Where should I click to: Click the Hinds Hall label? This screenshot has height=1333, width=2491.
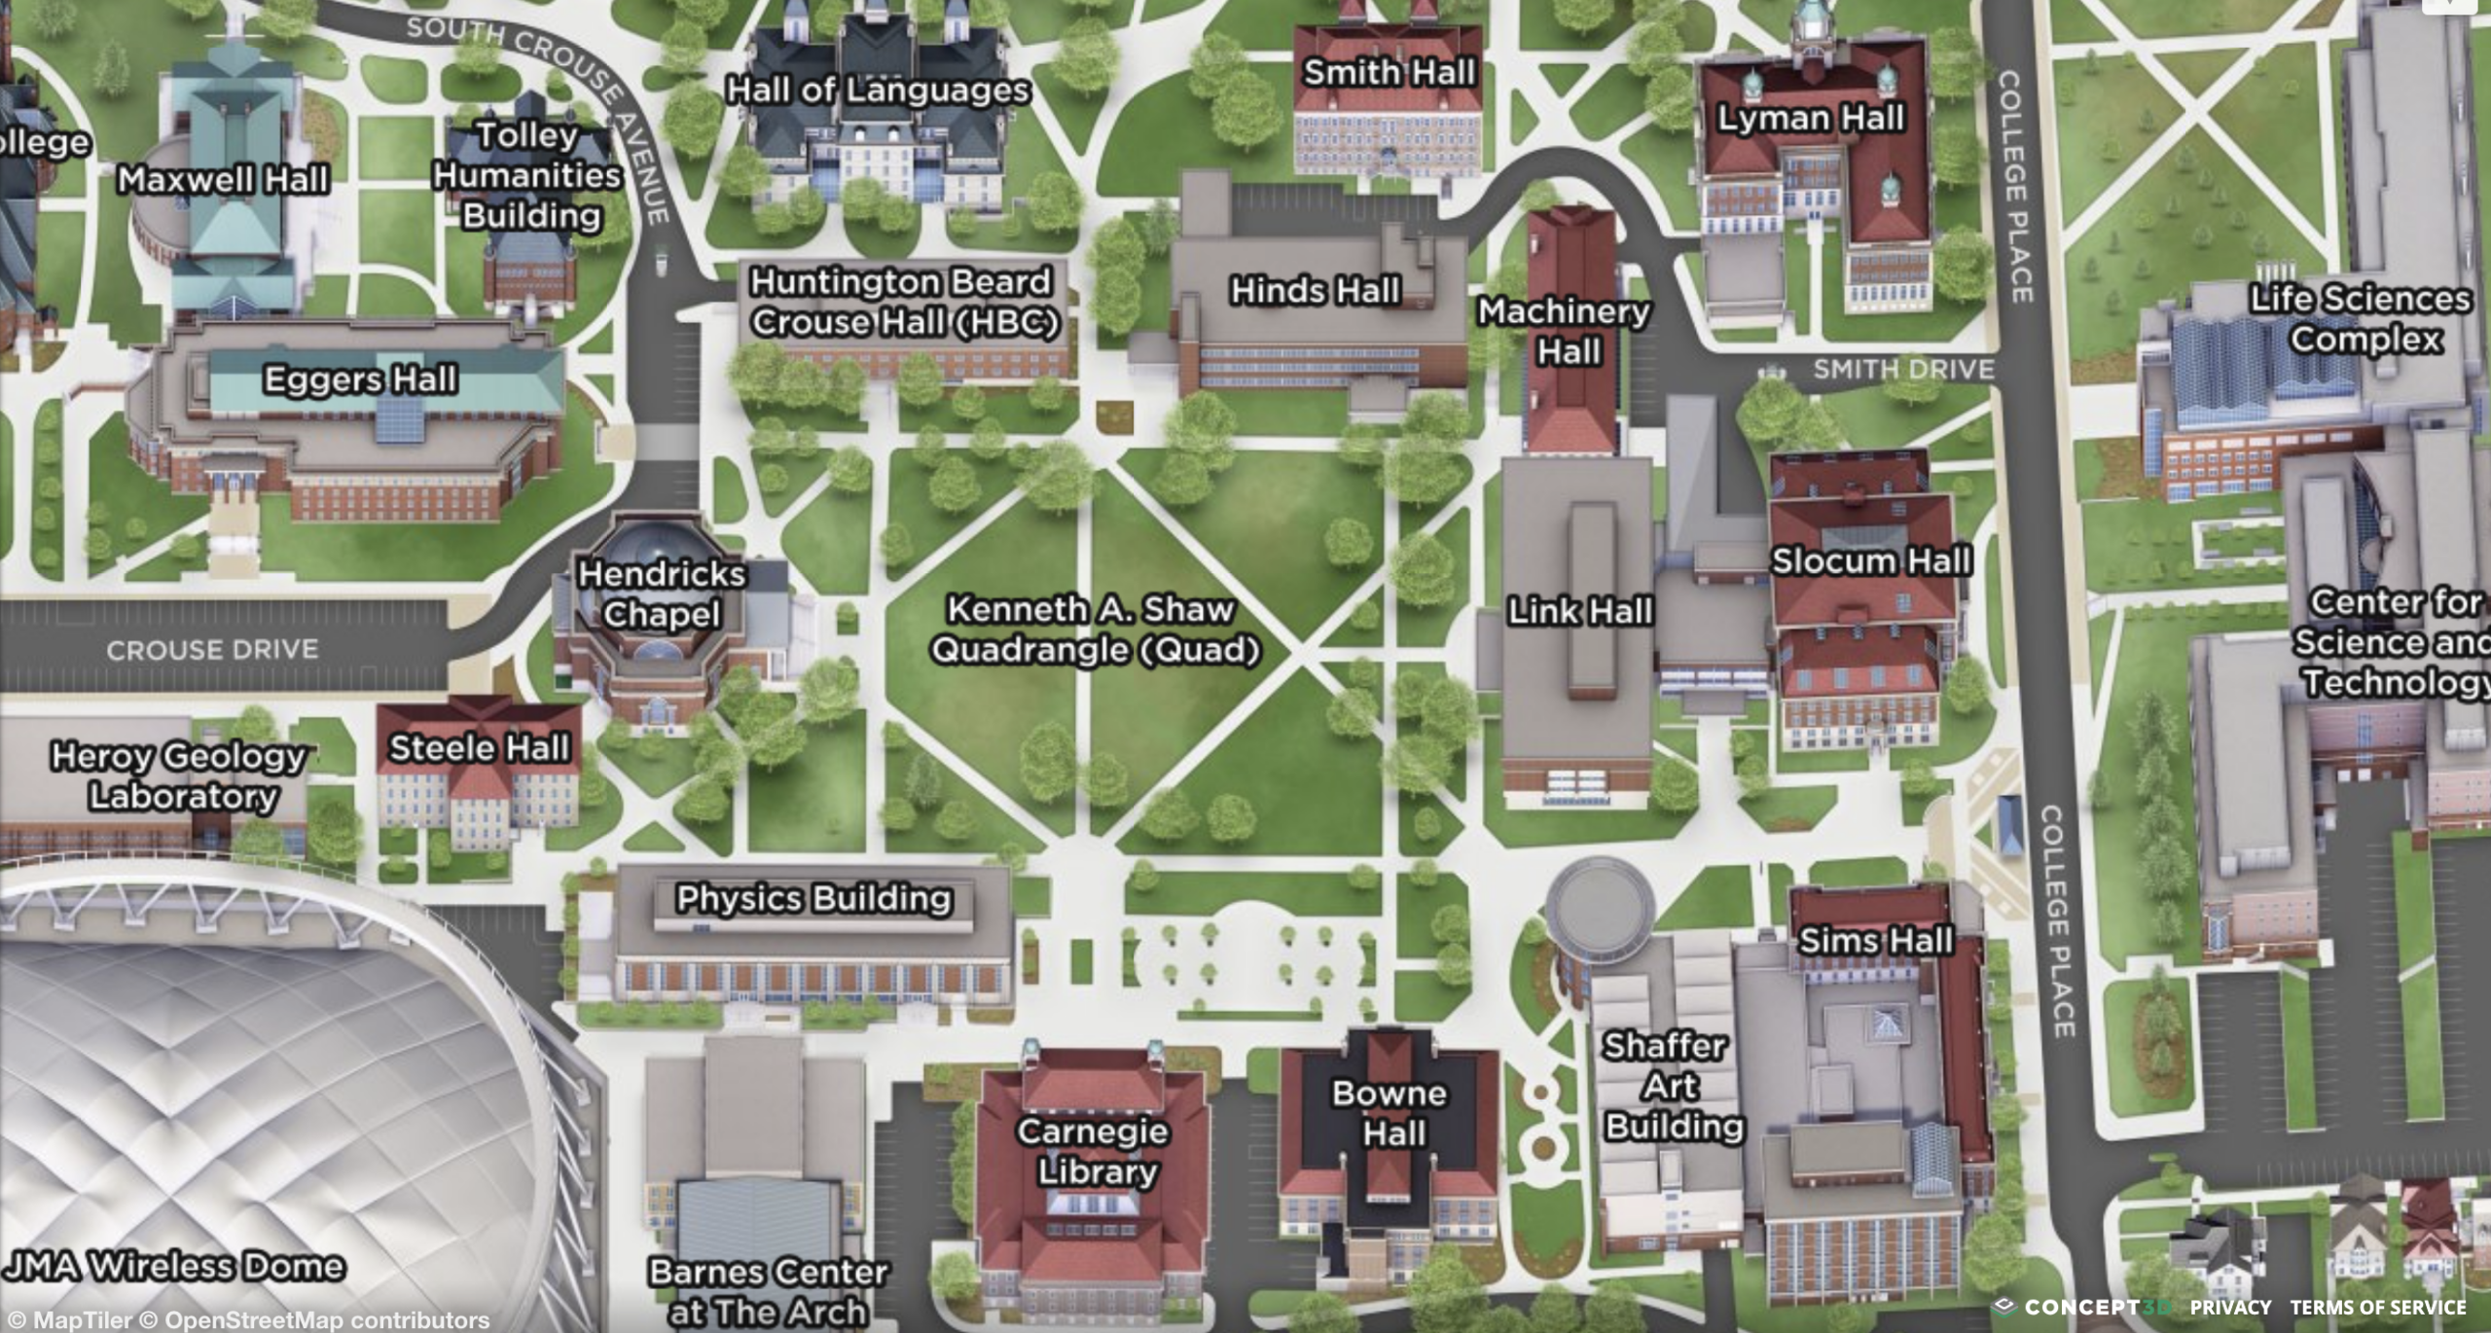(1315, 290)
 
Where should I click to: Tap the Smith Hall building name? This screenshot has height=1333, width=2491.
(1389, 72)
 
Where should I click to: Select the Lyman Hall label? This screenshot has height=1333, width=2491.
(1810, 118)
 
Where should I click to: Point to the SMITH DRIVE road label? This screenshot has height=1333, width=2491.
(1903, 370)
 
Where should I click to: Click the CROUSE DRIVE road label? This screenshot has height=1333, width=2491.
(212, 650)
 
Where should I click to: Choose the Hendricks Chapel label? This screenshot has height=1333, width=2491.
(662, 594)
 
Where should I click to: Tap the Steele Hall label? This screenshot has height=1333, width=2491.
(479, 748)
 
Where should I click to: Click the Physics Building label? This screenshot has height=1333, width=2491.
(813, 898)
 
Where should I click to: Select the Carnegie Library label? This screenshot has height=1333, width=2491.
(1094, 1151)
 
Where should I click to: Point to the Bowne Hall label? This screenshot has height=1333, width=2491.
(1390, 1113)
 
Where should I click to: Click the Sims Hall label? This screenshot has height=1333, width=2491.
(1875, 940)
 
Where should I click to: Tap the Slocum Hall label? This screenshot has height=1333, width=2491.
(1871, 560)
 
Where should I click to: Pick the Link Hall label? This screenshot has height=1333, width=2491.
(1579, 611)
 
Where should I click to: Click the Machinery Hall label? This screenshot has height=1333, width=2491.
(1565, 331)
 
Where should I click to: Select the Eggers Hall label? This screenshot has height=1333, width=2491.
(360, 379)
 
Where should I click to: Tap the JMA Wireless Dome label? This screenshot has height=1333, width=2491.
(175, 1266)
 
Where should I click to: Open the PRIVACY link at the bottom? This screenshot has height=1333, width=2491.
(2230, 1308)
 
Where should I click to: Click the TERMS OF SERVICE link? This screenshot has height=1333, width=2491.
(2378, 1308)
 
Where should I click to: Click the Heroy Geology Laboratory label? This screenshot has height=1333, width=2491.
(180, 775)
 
